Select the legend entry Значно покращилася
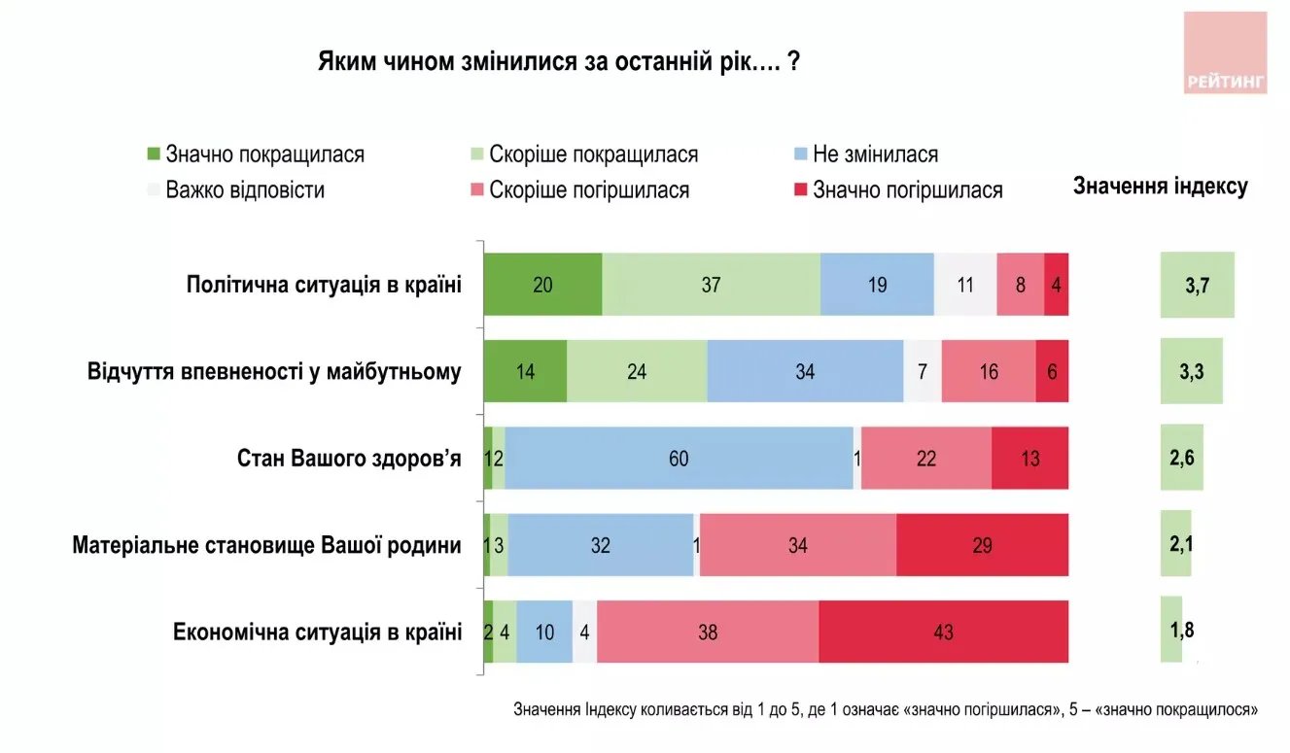point(255,154)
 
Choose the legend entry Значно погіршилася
point(896,189)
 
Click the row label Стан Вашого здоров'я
point(349,458)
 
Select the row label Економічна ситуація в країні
point(317,633)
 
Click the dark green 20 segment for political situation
point(542,285)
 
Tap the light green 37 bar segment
point(711,285)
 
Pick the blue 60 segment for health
point(679,458)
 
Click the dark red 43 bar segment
point(943,633)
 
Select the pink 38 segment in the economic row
point(708,633)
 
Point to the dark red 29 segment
point(982,545)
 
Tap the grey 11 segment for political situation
point(965,285)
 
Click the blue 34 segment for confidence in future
point(805,371)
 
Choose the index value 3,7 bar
point(1197,285)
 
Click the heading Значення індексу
point(1160,187)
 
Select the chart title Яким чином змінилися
point(559,62)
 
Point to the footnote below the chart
point(885,710)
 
